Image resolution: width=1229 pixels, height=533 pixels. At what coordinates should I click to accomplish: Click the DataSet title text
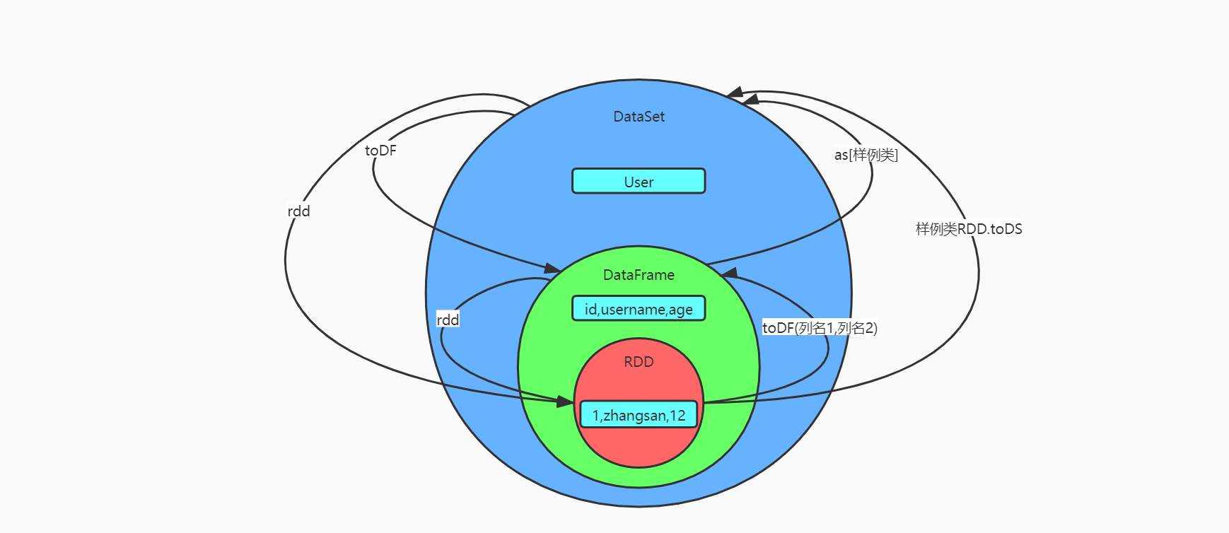click(639, 117)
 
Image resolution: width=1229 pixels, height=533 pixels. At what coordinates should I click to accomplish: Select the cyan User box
click(639, 181)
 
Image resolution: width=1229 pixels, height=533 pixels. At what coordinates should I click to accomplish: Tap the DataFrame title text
click(639, 275)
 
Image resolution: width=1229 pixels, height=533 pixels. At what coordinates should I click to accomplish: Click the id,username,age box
click(639, 309)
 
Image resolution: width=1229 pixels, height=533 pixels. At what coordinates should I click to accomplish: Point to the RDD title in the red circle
click(639, 362)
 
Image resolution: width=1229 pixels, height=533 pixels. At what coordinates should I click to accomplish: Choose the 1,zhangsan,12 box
click(639, 415)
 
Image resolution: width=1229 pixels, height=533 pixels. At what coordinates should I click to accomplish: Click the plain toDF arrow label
click(380, 151)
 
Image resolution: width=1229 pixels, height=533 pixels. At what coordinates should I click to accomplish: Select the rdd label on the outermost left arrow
click(298, 211)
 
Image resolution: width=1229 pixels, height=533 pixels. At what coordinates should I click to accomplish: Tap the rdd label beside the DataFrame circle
click(448, 320)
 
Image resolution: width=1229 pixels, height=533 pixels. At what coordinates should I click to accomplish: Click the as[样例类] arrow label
click(866, 155)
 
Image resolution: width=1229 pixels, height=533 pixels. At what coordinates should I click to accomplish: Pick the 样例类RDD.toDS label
click(969, 229)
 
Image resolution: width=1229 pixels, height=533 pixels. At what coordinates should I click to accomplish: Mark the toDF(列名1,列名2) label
click(820, 328)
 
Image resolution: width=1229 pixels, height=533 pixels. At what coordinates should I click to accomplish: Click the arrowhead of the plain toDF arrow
click(552, 268)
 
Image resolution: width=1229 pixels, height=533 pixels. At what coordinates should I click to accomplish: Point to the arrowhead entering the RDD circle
click(565, 402)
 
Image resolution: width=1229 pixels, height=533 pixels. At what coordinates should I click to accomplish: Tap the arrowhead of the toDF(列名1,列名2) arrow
click(729, 274)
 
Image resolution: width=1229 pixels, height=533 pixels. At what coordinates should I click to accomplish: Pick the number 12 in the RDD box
click(677, 416)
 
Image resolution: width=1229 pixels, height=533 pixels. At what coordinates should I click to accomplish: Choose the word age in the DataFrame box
click(680, 310)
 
